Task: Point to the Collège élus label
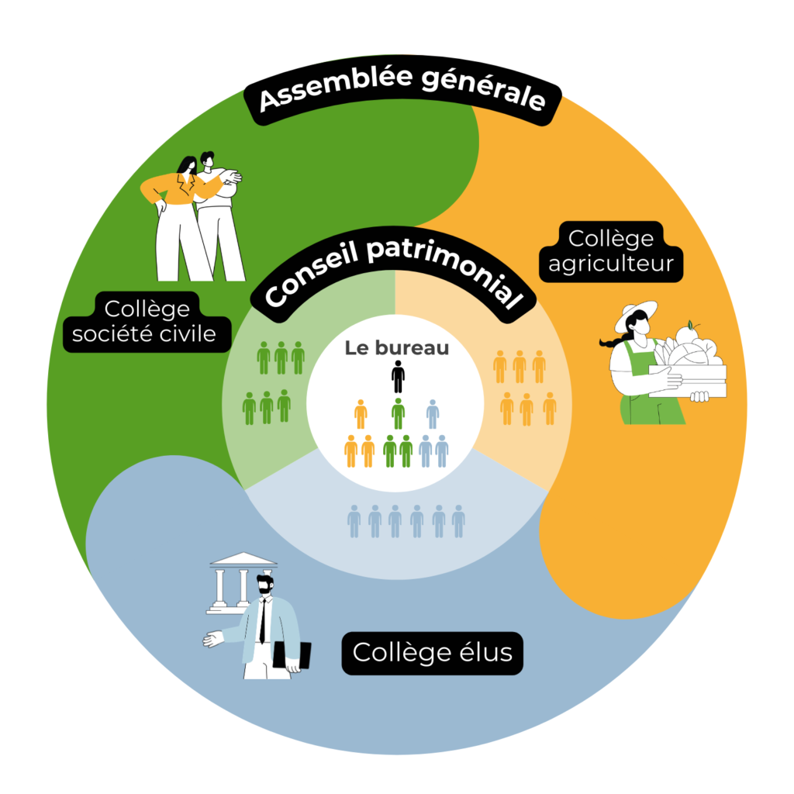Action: coord(433,652)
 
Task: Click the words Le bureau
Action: coord(397,348)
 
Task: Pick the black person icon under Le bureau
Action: coord(398,377)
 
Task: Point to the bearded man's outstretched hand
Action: coord(212,640)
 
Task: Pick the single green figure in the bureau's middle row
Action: coord(398,413)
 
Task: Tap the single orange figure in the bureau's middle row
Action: coord(361,414)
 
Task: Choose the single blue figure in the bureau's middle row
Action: coord(433,414)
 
